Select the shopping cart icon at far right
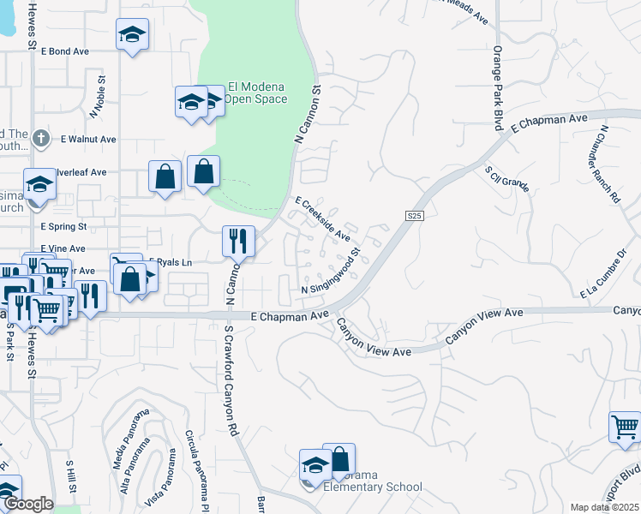click(625, 427)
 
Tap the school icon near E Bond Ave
click(132, 35)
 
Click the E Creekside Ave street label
click(323, 219)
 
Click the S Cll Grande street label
click(506, 179)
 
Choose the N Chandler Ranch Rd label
click(610, 164)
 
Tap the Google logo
click(28, 504)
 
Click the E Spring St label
click(64, 227)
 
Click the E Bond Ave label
click(64, 51)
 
